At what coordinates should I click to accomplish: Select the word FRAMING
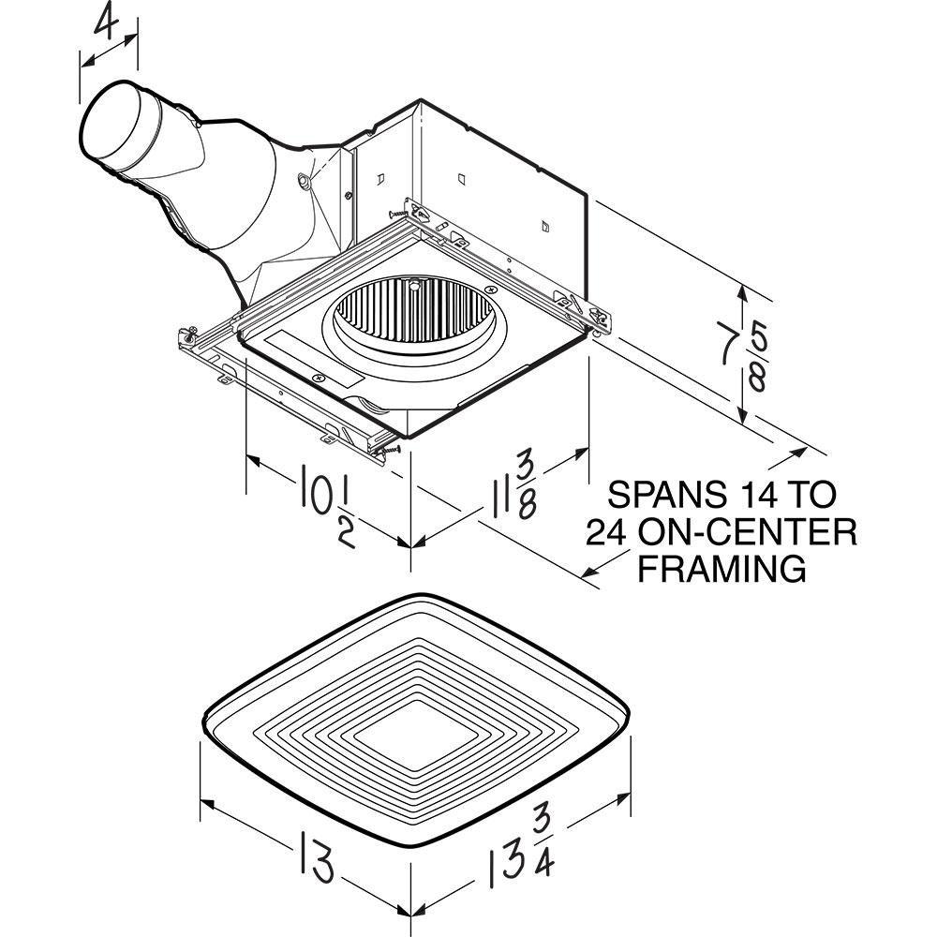721,569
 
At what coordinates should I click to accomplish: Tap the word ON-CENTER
748,532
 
